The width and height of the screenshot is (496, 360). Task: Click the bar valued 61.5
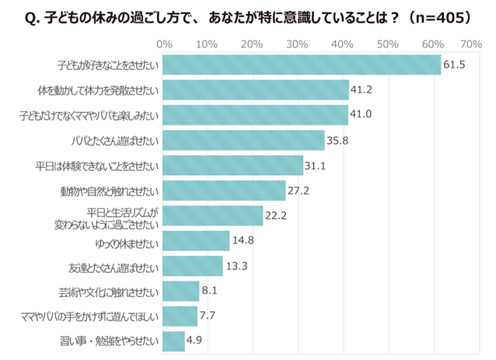(303, 65)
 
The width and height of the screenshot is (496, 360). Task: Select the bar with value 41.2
(257, 90)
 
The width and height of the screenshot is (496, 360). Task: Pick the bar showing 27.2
(225, 190)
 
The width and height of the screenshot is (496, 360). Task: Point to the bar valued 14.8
(197, 241)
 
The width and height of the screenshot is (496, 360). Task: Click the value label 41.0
(362, 116)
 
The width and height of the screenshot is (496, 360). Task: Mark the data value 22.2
(278, 216)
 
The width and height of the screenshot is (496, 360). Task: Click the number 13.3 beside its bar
(237, 266)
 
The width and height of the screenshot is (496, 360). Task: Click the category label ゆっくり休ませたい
(125, 241)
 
